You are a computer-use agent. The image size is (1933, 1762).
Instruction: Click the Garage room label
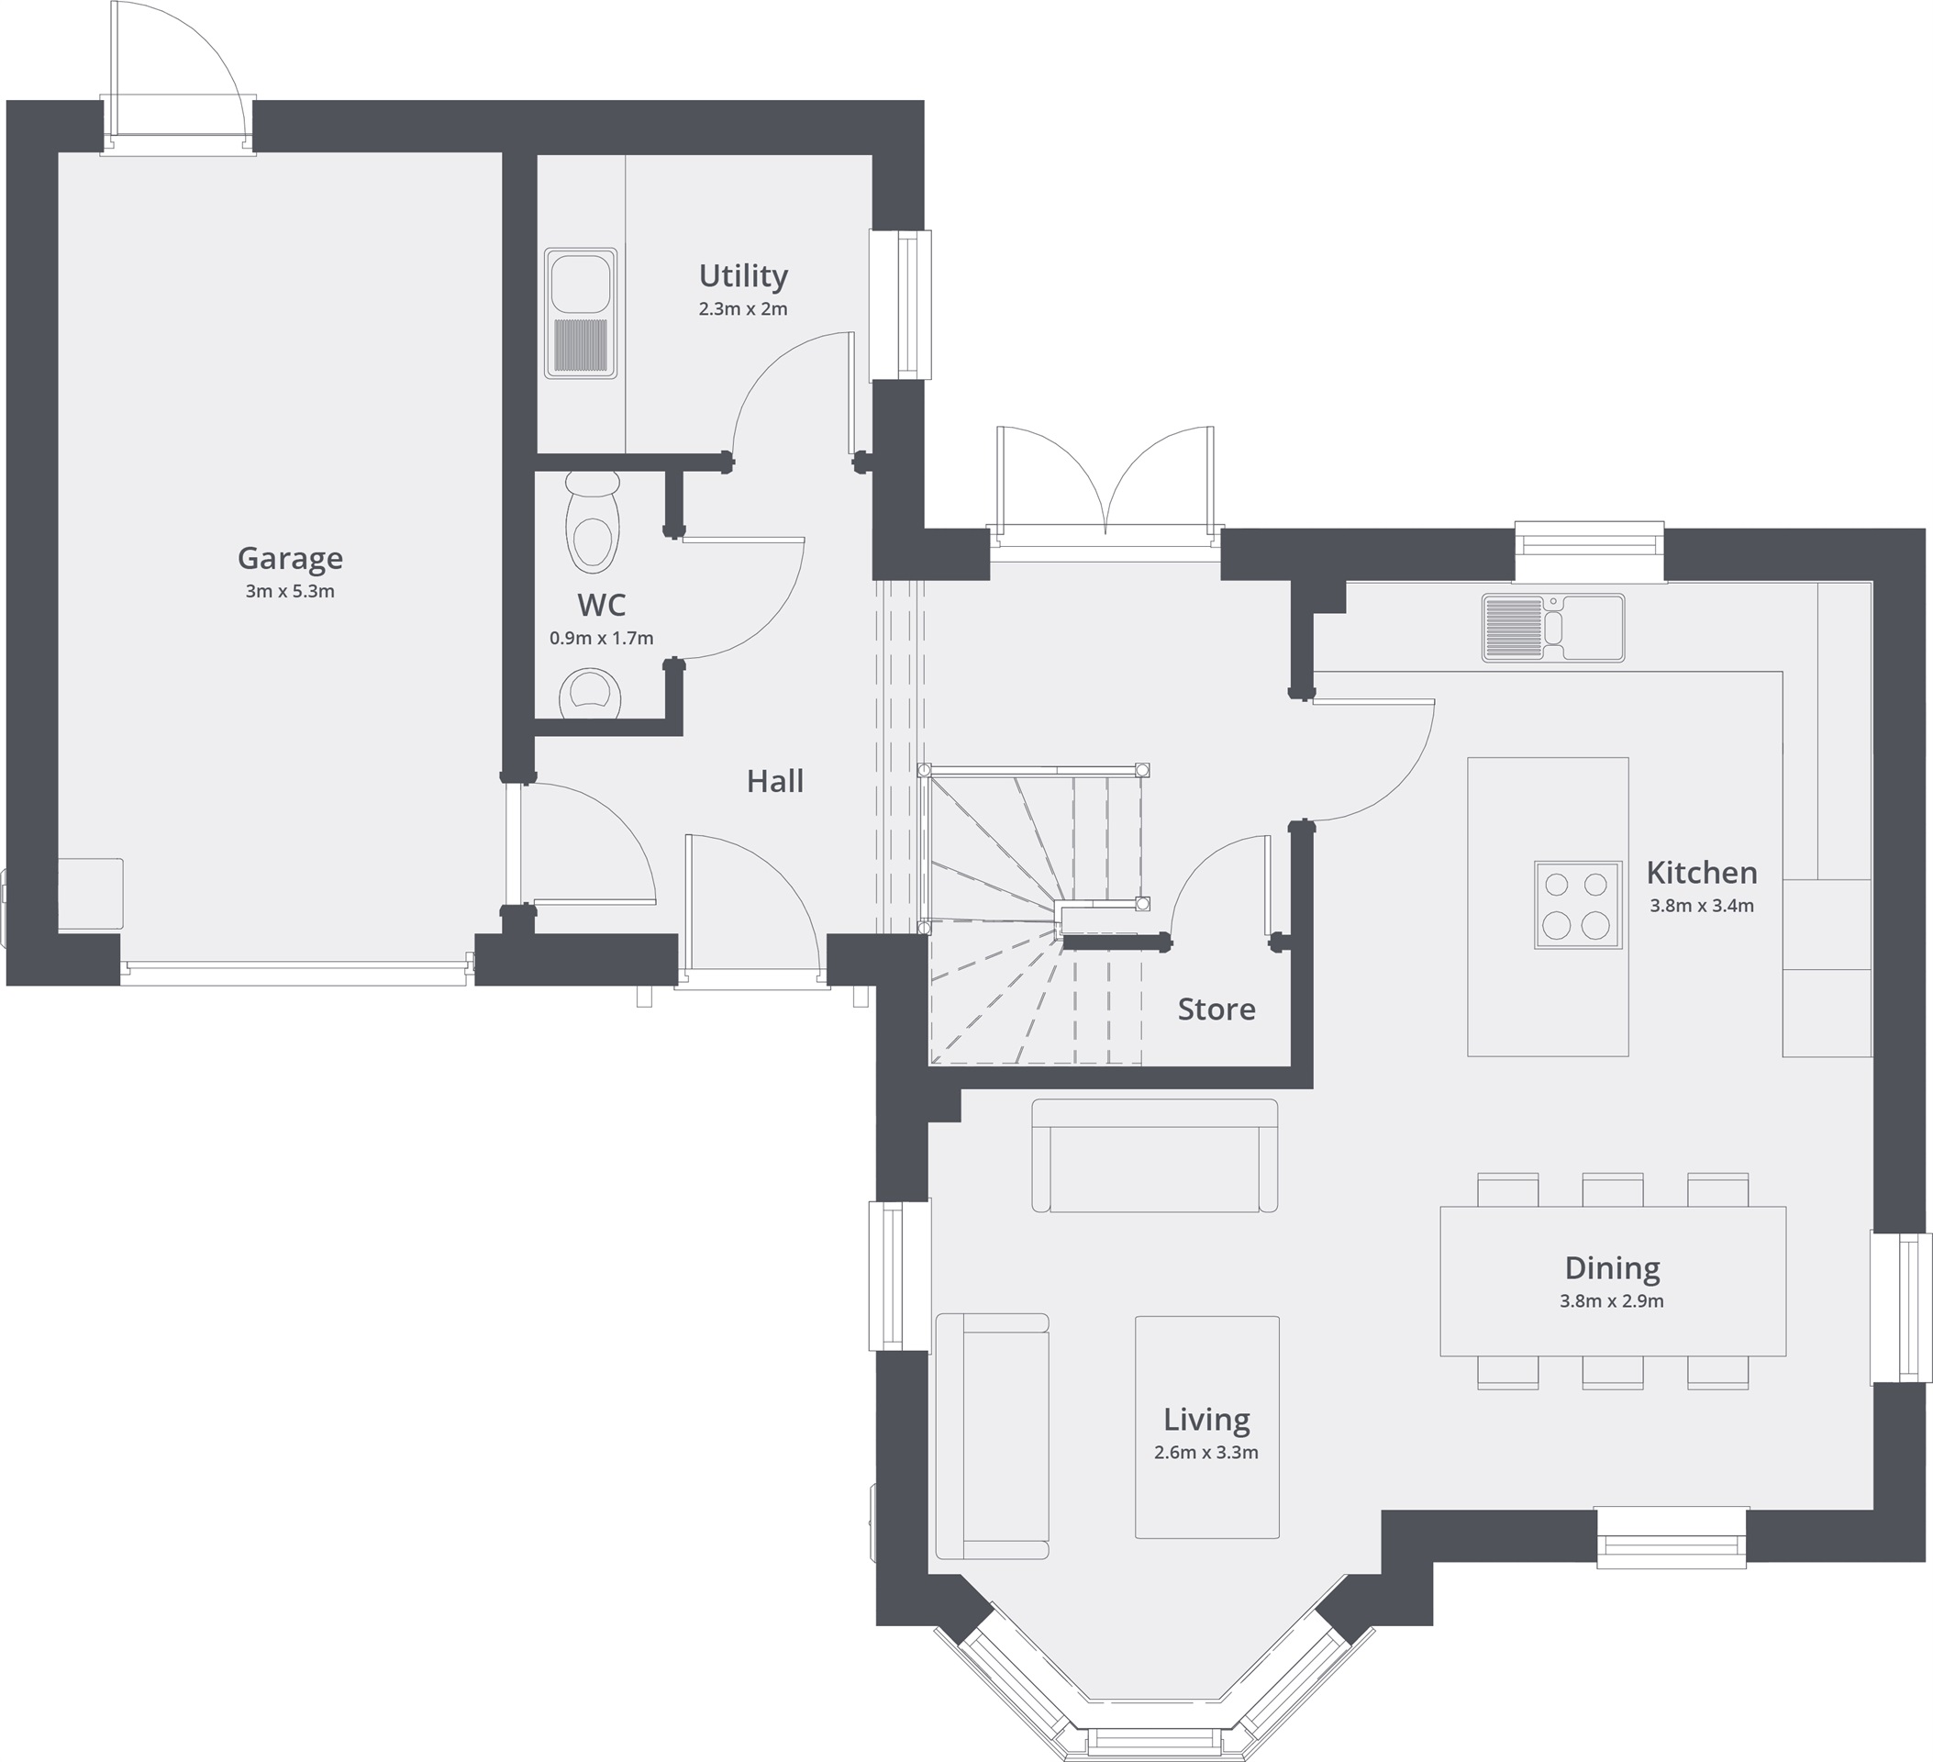tap(290, 558)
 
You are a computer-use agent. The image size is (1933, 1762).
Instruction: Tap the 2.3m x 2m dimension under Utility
tap(743, 310)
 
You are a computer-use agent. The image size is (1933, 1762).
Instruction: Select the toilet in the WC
tap(591, 523)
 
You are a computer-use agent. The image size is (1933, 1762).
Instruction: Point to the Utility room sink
tap(581, 313)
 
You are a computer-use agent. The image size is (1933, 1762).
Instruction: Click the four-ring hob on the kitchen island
tap(1577, 906)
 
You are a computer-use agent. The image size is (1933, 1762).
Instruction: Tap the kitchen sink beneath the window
tap(1552, 629)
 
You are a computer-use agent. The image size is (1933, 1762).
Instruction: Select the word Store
tap(1216, 1009)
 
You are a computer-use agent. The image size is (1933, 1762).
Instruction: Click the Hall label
tap(774, 782)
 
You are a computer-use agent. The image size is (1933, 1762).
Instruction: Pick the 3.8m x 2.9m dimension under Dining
tap(1612, 1301)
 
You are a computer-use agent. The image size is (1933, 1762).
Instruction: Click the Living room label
tap(1206, 1420)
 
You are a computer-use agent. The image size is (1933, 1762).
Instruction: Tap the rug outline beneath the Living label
tap(1206, 1496)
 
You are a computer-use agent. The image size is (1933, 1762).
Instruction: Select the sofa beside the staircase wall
tap(1154, 1155)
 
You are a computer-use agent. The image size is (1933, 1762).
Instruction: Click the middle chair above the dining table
tap(1613, 1189)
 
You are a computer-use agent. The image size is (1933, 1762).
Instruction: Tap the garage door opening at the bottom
tap(295, 976)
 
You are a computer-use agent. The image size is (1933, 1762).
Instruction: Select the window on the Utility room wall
tap(902, 305)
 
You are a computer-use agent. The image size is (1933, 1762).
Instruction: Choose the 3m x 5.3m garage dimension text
tap(290, 592)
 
